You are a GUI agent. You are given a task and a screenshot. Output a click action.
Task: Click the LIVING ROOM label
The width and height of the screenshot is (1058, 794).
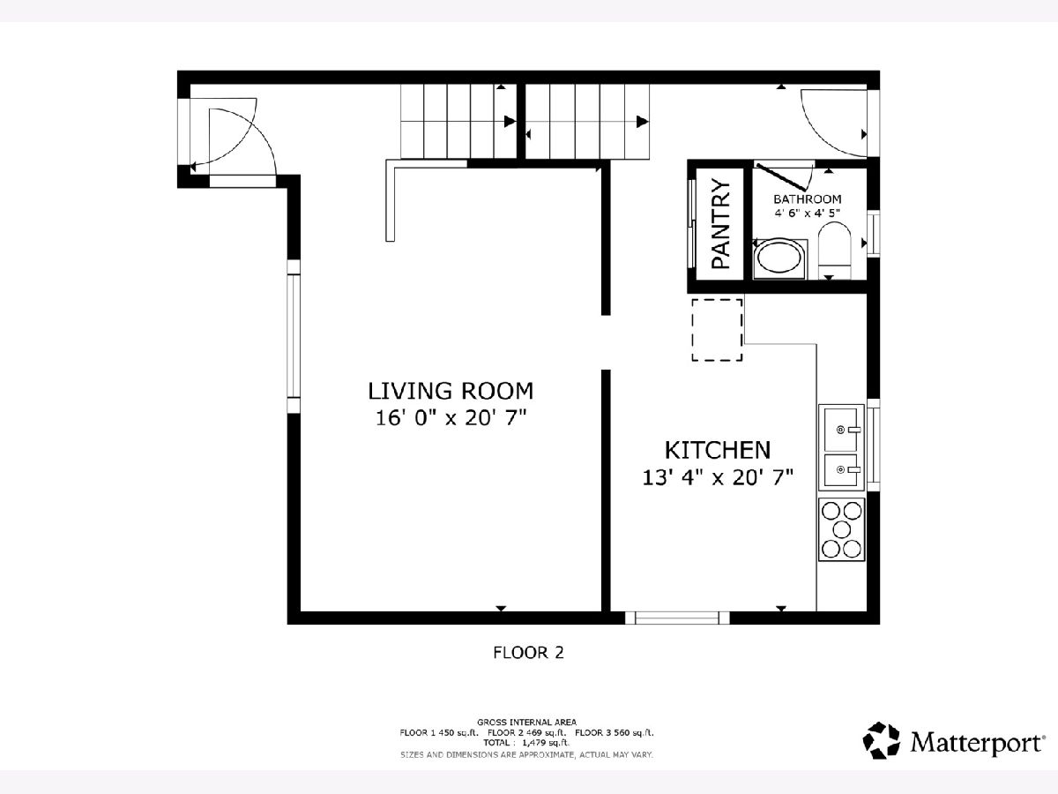click(451, 391)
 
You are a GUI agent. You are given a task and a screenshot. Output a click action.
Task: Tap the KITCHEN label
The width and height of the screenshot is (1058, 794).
click(718, 451)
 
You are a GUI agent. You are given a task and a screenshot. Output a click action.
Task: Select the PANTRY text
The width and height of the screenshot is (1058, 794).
click(721, 224)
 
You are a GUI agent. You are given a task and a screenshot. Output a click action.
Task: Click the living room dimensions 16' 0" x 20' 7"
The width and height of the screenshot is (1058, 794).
click(451, 418)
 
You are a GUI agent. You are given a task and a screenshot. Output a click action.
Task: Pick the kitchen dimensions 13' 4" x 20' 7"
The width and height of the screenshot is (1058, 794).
click(718, 478)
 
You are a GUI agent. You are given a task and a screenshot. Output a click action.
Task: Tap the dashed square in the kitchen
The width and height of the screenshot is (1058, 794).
click(717, 330)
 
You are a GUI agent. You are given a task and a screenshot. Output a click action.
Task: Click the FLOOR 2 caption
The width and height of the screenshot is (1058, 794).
click(528, 653)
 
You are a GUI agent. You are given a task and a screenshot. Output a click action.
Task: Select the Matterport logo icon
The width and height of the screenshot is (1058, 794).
click(882, 740)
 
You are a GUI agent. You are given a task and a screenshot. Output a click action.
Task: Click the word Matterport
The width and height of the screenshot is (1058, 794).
click(976, 743)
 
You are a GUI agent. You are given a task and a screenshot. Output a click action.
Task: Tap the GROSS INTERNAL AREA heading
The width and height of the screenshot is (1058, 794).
click(527, 723)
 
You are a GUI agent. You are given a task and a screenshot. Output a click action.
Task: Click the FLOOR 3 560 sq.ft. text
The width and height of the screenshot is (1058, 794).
click(615, 733)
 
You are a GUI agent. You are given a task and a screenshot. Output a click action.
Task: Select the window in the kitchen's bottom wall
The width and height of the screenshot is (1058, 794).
click(678, 618)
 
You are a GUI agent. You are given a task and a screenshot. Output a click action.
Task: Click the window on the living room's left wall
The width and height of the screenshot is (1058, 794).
click(294, 336)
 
